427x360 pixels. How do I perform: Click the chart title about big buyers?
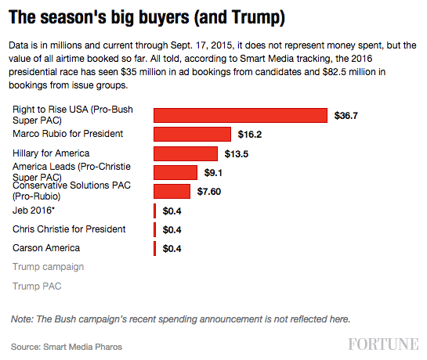147,16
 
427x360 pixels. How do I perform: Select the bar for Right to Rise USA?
240,115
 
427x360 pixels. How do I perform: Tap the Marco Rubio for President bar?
192,135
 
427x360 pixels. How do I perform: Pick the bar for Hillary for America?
185,153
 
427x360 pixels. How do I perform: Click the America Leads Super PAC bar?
176,172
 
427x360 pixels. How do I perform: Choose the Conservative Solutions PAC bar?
172,191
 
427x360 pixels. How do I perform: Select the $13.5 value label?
235,154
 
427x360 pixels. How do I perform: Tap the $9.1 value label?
215,173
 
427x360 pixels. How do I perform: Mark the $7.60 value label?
210,192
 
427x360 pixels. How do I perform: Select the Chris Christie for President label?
69,229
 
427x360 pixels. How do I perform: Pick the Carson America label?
46,248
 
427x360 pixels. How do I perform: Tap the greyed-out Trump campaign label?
48,267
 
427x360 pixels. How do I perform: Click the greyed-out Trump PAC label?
37,286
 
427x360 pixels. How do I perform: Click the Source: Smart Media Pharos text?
67,346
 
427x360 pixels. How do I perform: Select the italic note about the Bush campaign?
180,319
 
